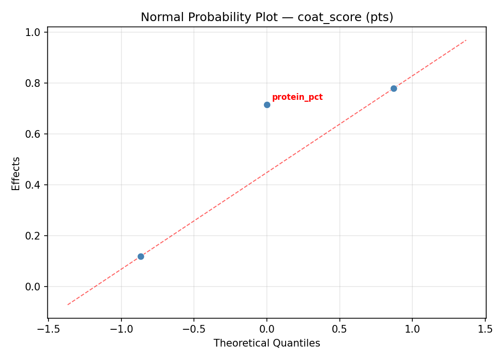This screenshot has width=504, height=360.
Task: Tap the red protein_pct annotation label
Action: [297, 97]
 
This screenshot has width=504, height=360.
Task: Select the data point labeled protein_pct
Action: [267, 105]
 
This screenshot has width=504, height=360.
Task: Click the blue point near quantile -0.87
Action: [141, 256]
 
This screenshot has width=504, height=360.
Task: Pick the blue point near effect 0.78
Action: [394, 88]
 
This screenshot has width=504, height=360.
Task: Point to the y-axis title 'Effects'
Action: [16, 173]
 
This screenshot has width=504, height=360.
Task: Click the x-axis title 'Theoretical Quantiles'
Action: [266, 343]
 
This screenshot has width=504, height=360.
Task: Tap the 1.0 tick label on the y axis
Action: [34, 32]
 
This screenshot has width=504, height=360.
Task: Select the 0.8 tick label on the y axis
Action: [34, 83]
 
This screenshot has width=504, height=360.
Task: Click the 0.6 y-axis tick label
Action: [34, 134]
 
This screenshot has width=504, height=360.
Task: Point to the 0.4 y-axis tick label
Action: [34, 185]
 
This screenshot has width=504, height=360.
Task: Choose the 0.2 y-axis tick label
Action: [34, 236]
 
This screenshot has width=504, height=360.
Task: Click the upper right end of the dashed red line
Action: [466, 40]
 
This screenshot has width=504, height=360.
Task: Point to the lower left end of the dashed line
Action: [68, 305]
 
